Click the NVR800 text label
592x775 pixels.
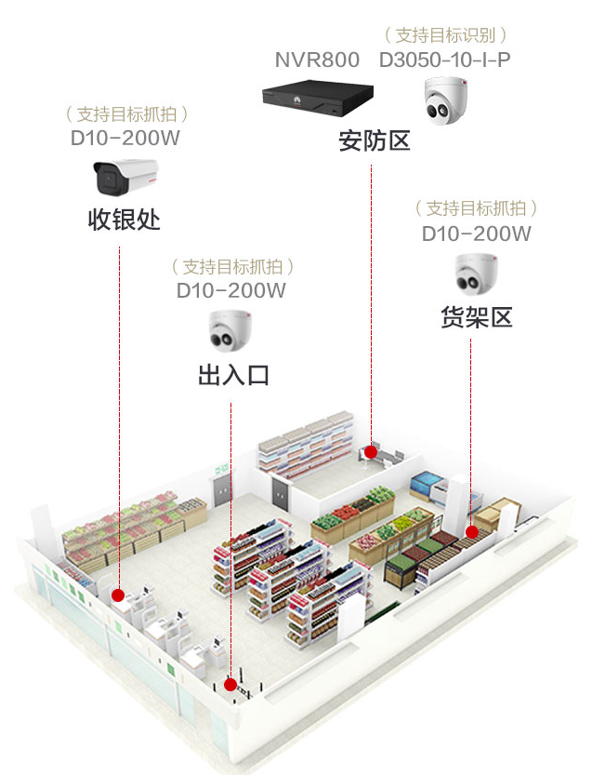pos(316,60)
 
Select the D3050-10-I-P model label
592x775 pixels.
pos(444,60)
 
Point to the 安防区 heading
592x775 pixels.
pos(374,141)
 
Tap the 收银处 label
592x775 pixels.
pos(125,220)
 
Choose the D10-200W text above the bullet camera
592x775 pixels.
pos(125,139)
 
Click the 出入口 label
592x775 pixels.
pos(232,376)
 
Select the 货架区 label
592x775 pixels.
pos(477,317)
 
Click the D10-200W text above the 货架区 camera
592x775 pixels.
pos(477,234)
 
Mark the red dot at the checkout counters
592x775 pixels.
pos(118,595)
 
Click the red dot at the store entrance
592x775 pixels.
pos(230,685)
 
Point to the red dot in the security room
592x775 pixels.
pos(371,452)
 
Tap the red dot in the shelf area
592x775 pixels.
pos(471,532)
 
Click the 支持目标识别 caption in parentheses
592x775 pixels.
pos(445,35)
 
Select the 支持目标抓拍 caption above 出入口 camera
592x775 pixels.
pos(232,266)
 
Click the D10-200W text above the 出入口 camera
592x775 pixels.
pos(231,290)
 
